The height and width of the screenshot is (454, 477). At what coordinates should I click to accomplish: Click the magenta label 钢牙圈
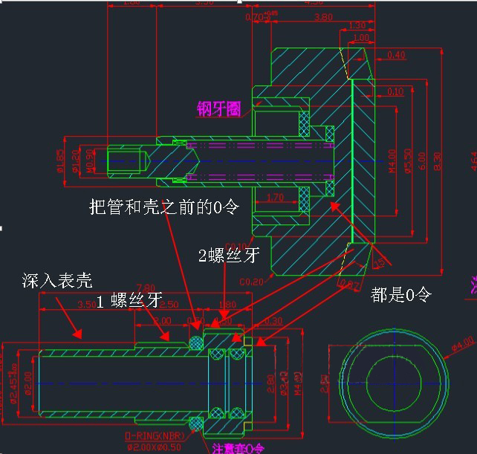[219, 110]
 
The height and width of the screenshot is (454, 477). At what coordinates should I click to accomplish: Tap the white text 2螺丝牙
[229, 255]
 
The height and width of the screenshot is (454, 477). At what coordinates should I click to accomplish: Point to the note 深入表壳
[57, 280]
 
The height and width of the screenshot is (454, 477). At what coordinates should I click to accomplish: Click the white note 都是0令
[400, 295]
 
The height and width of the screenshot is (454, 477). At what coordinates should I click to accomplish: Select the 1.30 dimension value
[357, 27]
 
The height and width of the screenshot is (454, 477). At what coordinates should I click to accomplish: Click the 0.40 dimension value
[396, 55]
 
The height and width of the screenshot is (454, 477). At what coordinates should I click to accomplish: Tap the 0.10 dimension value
[396, 92]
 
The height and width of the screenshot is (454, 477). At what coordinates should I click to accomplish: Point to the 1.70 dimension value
[274, 198]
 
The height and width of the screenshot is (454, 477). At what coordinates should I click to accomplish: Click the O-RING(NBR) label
[155, 435]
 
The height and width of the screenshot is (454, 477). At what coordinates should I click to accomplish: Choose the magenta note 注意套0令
[238, 448]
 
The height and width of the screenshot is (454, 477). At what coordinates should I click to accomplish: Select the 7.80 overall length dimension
[146, 288]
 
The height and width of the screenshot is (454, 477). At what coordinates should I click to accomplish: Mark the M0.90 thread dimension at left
[91, 159]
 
